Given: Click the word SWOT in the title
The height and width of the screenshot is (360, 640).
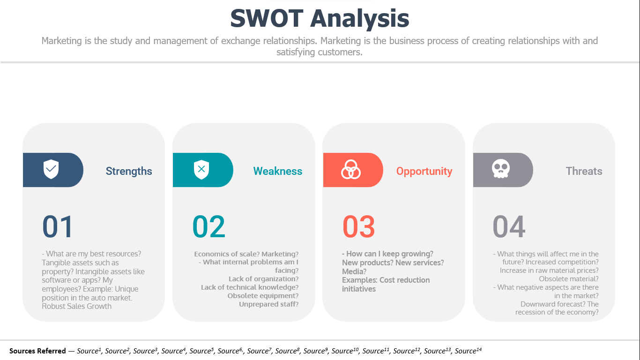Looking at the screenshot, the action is coord(267,18).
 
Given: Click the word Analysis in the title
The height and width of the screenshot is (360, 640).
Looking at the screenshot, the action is coord(360,19).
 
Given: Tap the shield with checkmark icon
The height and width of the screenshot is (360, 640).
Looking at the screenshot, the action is coord(51,169).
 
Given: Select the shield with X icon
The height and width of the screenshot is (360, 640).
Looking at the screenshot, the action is coord(201,170).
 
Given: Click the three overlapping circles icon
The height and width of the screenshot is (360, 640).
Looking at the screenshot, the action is coord(351,170).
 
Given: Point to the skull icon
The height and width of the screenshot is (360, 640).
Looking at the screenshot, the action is coord(500,169).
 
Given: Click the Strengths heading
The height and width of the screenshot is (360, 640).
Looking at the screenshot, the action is coord(129,171).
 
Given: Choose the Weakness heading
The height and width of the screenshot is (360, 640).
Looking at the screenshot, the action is coord(278,171).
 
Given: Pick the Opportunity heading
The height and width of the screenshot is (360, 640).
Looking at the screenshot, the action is coord(424,172).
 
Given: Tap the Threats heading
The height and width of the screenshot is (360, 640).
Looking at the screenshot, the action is coord(584,171).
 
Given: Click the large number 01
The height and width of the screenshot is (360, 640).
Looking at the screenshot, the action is coord(57,226).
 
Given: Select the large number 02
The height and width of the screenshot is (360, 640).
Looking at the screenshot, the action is coord(209,226).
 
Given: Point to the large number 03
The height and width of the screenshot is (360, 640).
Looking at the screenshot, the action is coord(358,226).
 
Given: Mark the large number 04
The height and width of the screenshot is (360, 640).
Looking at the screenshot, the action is coord(509,226).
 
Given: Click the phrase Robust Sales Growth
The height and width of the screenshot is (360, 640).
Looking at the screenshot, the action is coord(76,306).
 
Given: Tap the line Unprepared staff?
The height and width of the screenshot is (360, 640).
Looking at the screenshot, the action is coord(268,304).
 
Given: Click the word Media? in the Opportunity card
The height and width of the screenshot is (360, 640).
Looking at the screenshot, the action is coord(354,271).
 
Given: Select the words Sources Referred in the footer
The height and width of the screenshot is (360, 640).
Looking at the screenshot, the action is coord(37,351).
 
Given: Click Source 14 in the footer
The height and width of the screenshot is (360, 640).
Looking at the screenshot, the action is coord(468,351).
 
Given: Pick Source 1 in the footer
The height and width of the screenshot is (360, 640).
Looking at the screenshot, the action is coord(89,351).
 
